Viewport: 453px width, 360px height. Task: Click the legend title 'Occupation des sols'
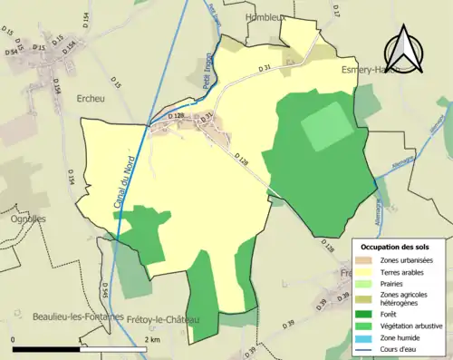point(396,247)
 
